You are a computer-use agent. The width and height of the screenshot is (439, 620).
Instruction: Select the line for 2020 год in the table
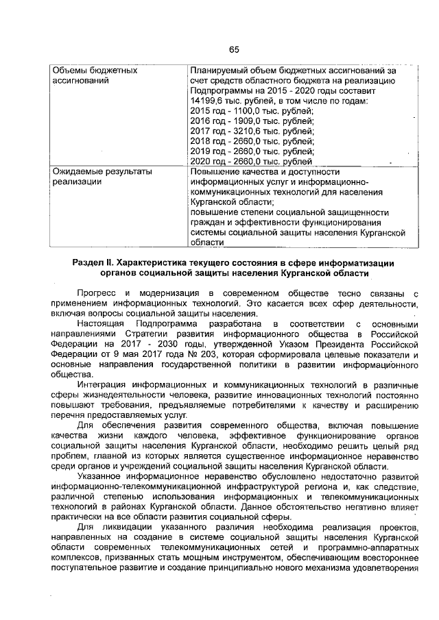251,161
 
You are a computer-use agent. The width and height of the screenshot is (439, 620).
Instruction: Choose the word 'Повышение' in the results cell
215,171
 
